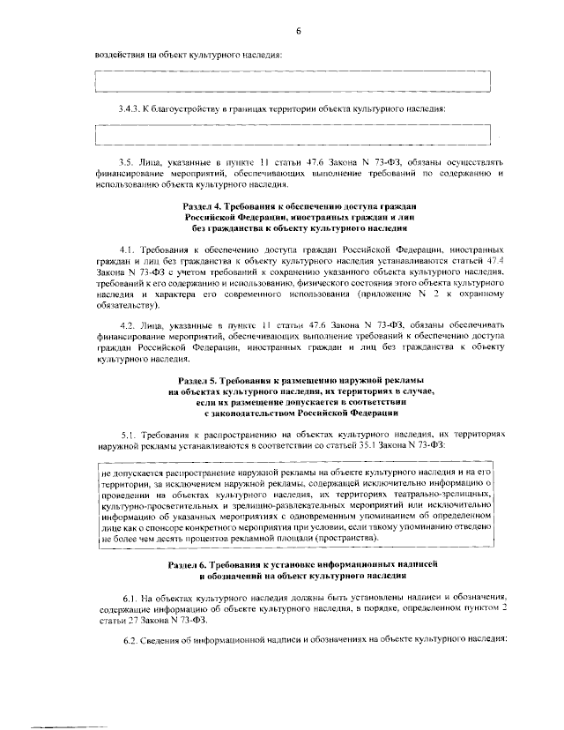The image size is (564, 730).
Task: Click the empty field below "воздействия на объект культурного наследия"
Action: coord(293,81)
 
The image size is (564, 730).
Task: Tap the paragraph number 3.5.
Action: coord(124,163)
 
